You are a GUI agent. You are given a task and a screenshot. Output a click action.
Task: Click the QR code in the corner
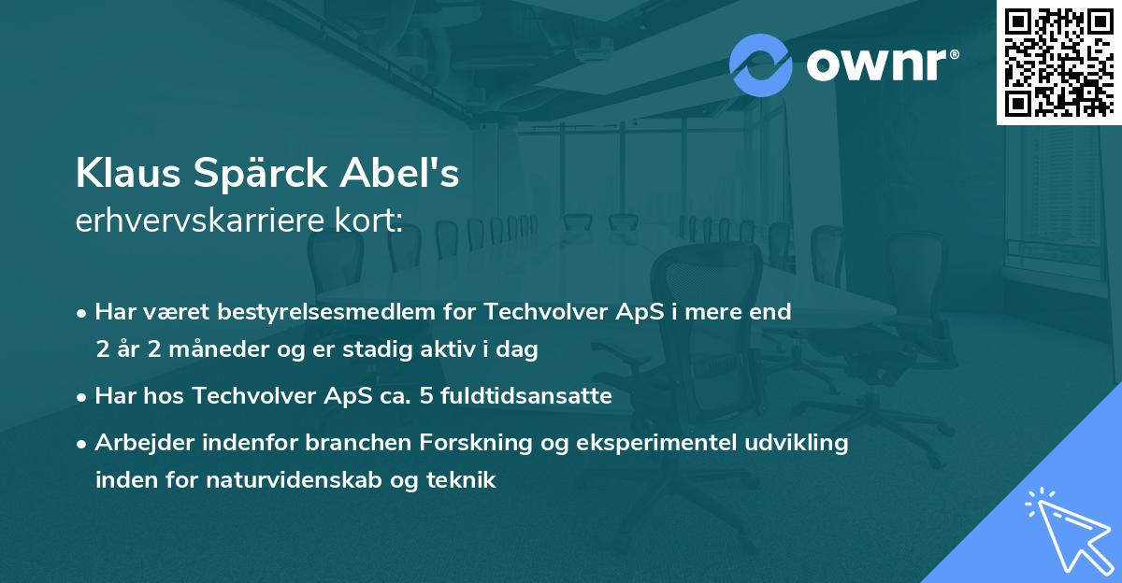(1058, 62)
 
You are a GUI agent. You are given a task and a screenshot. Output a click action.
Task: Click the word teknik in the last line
(464, 480)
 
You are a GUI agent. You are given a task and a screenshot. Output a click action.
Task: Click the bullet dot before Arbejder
(83, 444)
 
